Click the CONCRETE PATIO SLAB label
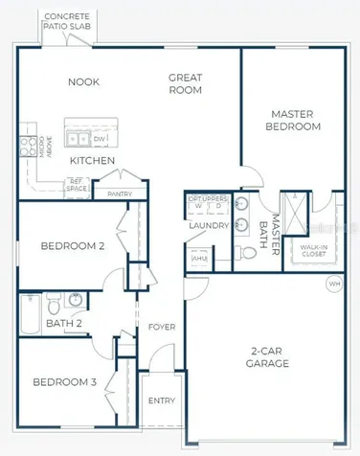(67, 22)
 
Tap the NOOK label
(83, 81)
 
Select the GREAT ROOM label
(185, 83)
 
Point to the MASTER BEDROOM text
(294, 120)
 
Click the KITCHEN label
(93, 160)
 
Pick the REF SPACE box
(79, 186)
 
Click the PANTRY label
(121, 194)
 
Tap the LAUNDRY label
(209, 226)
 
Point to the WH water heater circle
(334, 283)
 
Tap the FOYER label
(162, 328)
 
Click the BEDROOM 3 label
(66, 383)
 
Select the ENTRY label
(162, 401)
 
